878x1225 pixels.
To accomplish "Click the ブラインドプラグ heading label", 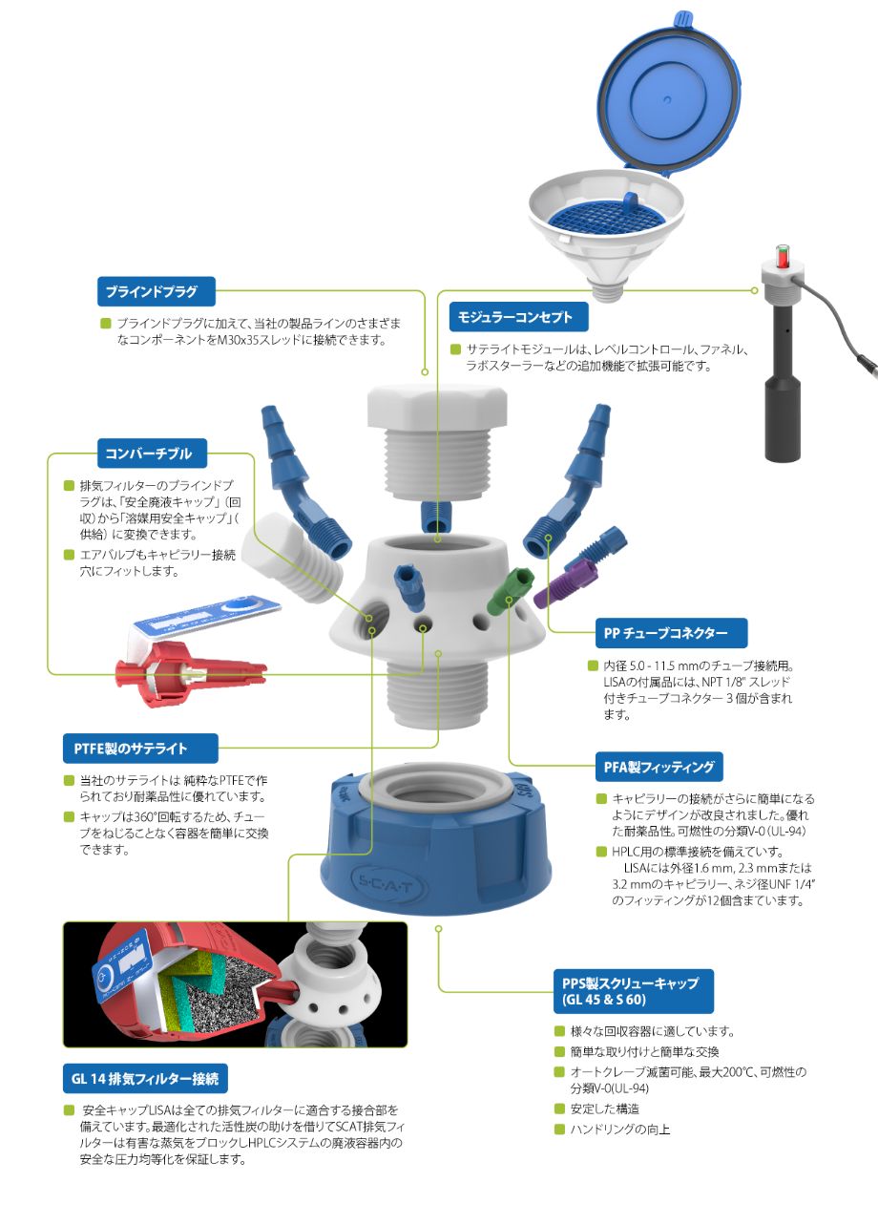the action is click(157, 291).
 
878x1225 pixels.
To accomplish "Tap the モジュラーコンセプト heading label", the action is click(518, 317).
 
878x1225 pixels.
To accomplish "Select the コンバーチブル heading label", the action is click(152, 454).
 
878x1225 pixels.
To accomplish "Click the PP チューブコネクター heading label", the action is click(671, 633).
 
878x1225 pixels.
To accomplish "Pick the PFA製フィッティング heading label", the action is click(659, 767).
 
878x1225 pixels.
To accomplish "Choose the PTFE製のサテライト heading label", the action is click(140, 749).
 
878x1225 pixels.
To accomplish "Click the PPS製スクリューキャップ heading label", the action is click(634, 991).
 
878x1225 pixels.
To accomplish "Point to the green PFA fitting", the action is click(510, 591).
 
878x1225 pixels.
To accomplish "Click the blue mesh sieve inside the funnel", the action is click(607, 220).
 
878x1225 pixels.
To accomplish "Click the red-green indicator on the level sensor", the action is click(783, 255).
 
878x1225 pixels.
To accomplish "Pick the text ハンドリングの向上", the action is click(620, 1130).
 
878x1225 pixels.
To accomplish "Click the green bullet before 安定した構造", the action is click(559, 1109).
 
